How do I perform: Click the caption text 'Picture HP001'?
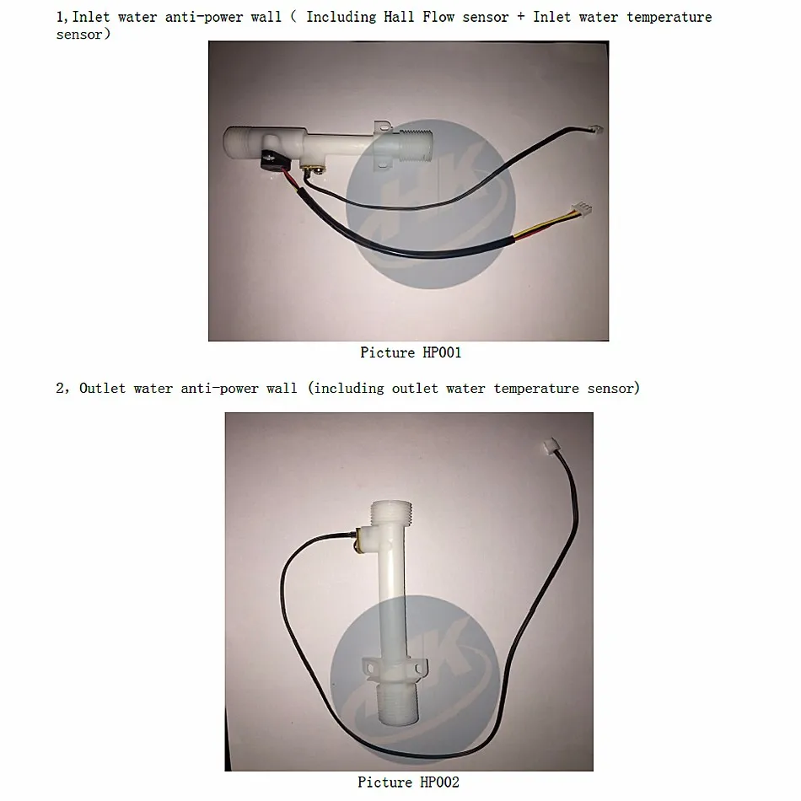coord(411,352)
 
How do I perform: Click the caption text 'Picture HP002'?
coord(408,782)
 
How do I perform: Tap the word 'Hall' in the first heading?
coord(399,17)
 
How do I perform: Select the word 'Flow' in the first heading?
coord(438,17)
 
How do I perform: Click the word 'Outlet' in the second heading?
coord(102,388)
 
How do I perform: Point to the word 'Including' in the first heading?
coord(341,18)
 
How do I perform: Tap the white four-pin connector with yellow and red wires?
coord(582,209)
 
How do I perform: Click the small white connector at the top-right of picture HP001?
coord(595,129)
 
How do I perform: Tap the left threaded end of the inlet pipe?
coord(240,140)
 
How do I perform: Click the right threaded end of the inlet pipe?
coord(415,142)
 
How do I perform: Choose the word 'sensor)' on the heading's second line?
coord(83,35)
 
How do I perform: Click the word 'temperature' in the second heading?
coord(536,388)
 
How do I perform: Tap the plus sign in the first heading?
coord(520,17)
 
